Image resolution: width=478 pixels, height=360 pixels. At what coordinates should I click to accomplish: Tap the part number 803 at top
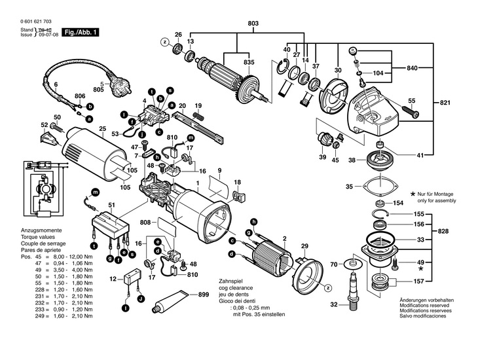click(253, 24)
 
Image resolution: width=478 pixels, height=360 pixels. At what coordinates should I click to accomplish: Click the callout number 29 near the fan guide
click(304, 245)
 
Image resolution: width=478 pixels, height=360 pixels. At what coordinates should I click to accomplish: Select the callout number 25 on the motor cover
click(102, 128)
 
